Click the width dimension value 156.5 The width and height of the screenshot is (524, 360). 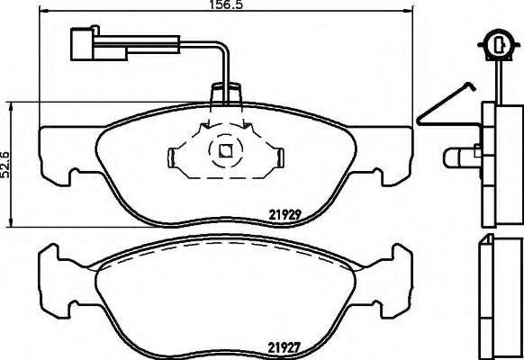[x=221, y=5]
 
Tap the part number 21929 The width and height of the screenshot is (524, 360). [x=286, y=214]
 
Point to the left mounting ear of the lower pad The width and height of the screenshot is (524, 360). [x=59, y=268]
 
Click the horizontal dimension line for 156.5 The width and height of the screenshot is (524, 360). [x=221, y=15]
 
